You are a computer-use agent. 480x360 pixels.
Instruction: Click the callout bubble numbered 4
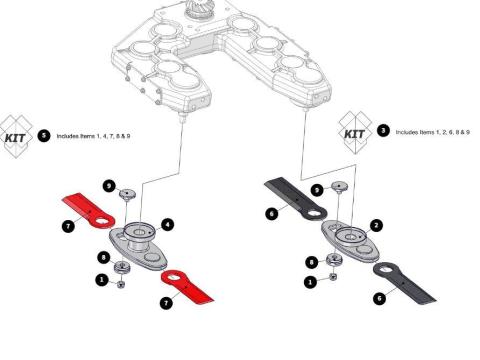(x=167, y=225)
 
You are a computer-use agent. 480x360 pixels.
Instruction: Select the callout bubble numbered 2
(x=376, y=226)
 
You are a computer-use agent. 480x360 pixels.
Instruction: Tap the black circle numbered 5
(x=44, y=136)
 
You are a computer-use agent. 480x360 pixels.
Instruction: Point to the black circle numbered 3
(x=383, y=130)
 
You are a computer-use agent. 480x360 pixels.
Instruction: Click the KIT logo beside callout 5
(x=16, y=136)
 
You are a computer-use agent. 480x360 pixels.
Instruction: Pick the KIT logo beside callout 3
(x=355, y=133)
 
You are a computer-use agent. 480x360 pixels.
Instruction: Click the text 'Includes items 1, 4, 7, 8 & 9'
(x=93, y=136)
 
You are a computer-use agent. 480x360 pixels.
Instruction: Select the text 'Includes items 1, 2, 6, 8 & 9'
(x=433, y=132)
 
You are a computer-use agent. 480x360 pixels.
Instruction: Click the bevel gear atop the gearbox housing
(x=195, y=8)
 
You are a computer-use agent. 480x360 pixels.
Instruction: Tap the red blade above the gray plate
(x=88, y=211)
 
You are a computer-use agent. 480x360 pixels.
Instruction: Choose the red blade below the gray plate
(x=187, y=286)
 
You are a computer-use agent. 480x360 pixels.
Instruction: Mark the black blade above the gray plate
(x=295, y=197)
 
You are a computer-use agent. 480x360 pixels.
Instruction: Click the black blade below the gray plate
(x=404, y=283)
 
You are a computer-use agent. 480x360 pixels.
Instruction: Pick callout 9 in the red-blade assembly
(x=109, y=186)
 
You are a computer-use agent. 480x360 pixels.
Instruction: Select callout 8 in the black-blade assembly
(x=312, y=263)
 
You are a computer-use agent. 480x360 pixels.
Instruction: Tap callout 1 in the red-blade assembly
(x=102, y=279)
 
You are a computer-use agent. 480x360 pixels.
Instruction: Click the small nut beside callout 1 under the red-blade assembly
(x=121, y=284)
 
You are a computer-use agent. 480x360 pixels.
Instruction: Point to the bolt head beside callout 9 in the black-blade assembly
(x=339, y=187)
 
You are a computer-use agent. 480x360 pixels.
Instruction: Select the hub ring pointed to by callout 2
(x=350, y=236)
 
